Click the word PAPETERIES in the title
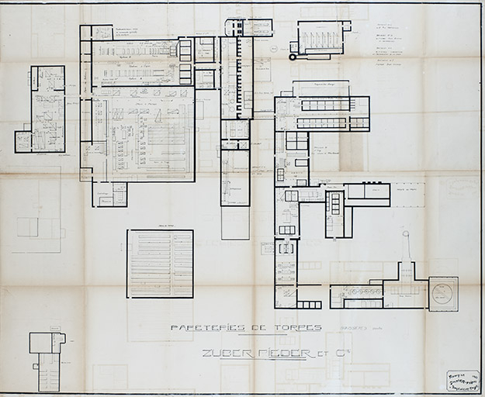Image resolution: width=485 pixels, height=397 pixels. click(x=201, y=328)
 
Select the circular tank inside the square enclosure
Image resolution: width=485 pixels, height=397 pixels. click(x=443, y=294)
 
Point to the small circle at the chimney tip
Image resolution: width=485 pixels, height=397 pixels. click(x=404, y=233)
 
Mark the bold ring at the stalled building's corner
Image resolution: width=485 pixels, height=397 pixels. click(x=293, y=57)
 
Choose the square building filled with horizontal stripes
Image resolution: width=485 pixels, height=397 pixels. click(x=160, y=264)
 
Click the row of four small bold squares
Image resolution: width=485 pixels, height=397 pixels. click(x=185, y=62)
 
